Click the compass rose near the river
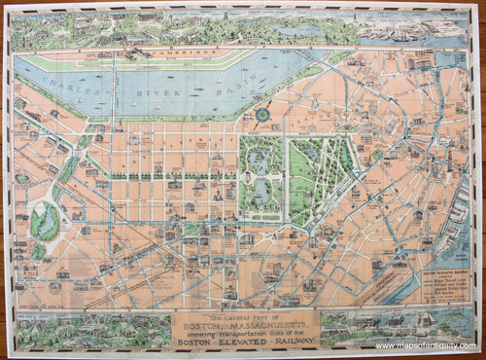coord(262,115)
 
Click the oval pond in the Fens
coord(45,221)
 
